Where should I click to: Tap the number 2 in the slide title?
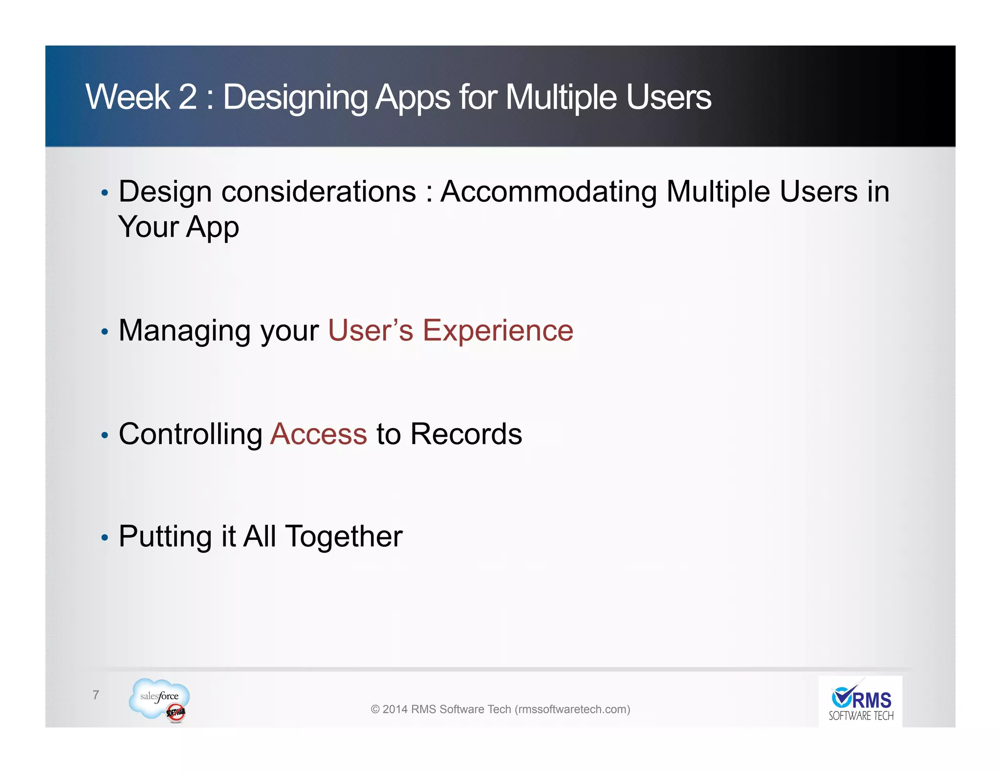pos(188,97)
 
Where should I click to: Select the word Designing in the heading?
pos(295,98)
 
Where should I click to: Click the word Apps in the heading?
pos(413,98)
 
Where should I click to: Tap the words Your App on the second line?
pos(179,227)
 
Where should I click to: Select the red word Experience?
pos(498,331)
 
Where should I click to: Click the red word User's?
pos(370,330)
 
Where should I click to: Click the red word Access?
pos(319,434)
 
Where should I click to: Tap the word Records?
pos(466,434)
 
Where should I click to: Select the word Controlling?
pos(191,434)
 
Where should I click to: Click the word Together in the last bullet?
pos(344,537)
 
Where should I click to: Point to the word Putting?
pos(165,537)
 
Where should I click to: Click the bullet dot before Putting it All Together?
pos(104,538)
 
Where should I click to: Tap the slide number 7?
pos(96,694)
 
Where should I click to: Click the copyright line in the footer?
pos(500,709)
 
